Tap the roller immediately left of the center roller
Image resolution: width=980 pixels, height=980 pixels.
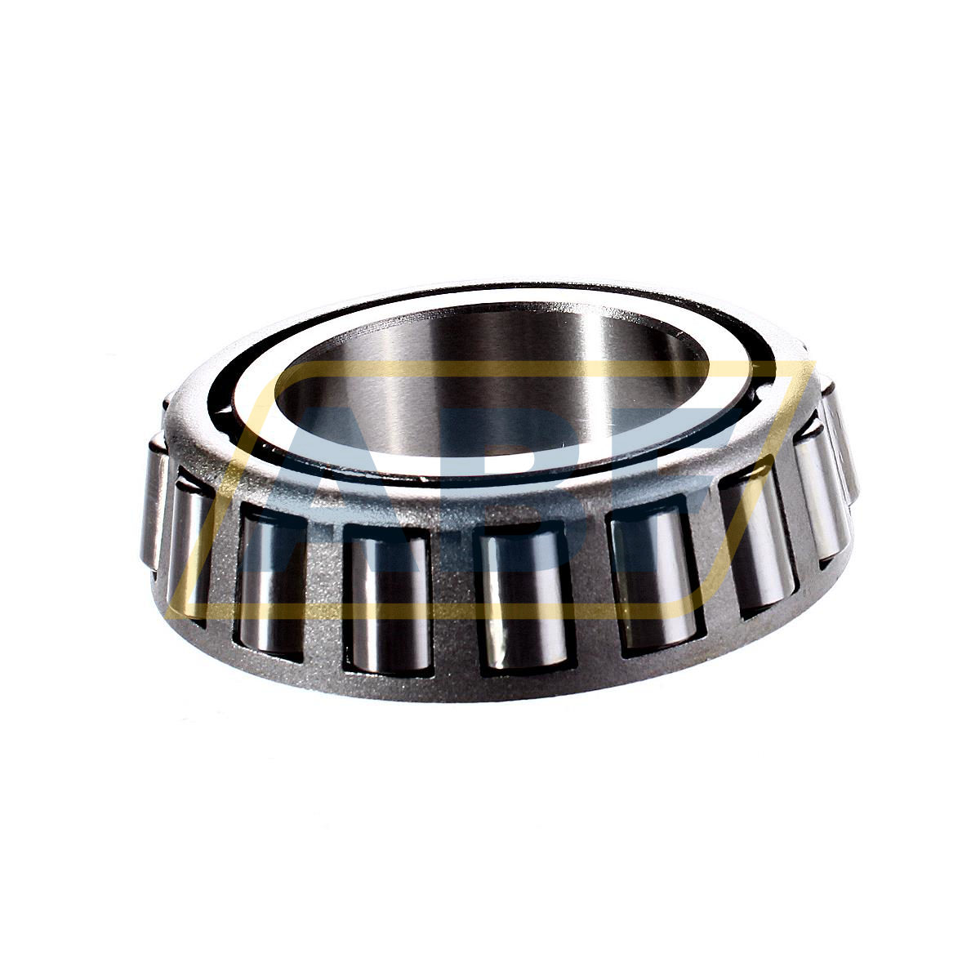click(387, 600)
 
